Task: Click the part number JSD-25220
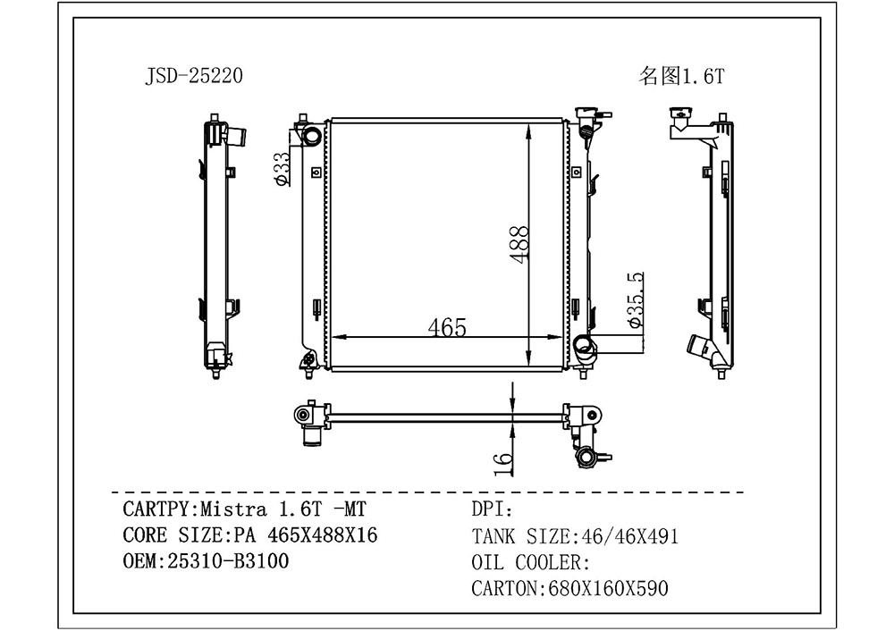tap(193, 77)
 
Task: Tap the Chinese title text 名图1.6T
tap(681, 77)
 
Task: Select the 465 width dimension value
tap(446, 327)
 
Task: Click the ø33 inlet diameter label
tap(281, 170)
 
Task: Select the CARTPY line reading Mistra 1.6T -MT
tap(242, 510)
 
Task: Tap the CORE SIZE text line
tap(249, 535)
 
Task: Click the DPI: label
tap(491, 510)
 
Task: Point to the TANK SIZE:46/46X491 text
tap(574, 536)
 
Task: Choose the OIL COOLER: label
tap(530, 562)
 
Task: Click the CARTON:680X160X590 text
tap(569, 588)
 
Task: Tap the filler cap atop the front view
tap(589, 114)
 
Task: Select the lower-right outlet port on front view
tap(582, 347)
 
